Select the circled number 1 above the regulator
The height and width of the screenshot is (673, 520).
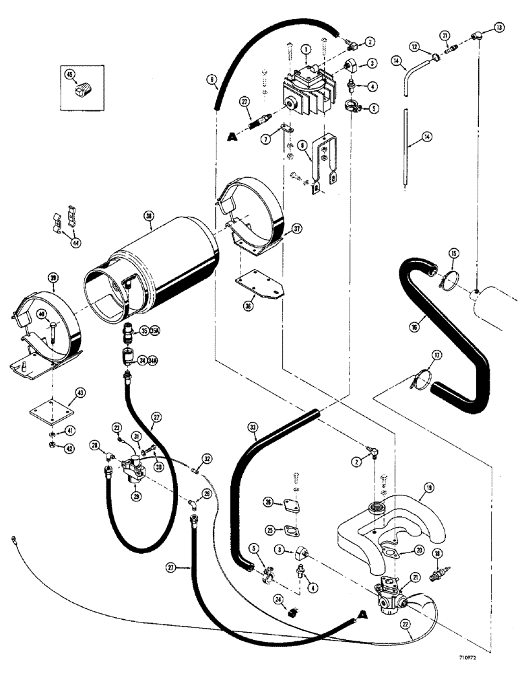304,49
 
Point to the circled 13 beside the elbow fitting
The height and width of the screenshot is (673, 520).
498,28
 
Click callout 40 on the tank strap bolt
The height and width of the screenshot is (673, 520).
42,313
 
